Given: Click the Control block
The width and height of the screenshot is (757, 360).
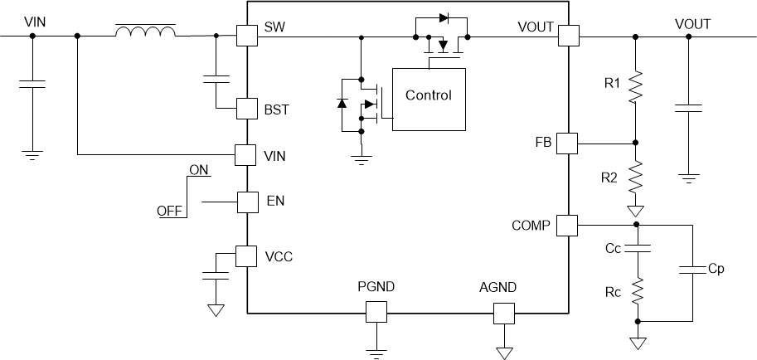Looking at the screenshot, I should point(428,96).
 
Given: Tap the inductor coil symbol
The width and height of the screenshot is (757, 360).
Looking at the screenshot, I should point(145,32).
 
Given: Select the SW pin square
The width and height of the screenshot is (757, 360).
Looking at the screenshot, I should point(247,36).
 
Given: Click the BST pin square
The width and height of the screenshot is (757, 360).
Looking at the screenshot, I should point(247,109).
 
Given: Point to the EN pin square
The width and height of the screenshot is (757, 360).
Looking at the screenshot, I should point(247,202).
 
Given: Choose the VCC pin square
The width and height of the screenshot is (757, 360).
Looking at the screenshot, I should point(247,255).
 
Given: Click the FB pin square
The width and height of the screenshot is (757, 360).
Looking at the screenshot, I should point(566,143).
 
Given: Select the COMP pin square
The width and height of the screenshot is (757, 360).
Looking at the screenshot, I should point(566,225).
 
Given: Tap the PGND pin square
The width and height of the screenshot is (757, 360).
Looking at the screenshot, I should point(376,312).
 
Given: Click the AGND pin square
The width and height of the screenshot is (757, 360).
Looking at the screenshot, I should point(504,312).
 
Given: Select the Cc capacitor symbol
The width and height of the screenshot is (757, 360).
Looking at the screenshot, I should point(637,248).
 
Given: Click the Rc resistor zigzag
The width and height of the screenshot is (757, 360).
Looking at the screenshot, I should point(637,290).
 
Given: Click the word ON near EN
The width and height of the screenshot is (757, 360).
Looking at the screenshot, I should point(199,170).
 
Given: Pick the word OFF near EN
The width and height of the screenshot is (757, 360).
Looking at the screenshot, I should point(170,212).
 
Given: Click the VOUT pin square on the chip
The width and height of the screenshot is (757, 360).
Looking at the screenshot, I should point(568,36).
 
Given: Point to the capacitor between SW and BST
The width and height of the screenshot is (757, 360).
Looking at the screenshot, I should point(216,80).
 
